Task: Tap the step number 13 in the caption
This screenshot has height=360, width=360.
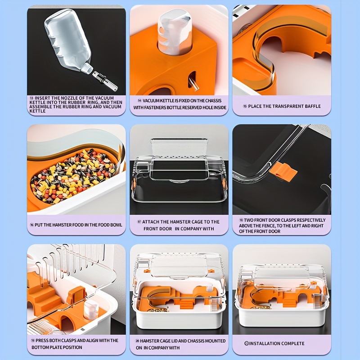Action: [x=31, y=98]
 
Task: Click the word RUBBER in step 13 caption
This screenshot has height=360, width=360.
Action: [x=88, y=102]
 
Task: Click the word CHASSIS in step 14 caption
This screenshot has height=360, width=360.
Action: [x=211, y=101]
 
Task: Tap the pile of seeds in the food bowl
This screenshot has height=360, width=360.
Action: [x=72, y=175]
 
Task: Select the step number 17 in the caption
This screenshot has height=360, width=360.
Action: [x=139, y=222]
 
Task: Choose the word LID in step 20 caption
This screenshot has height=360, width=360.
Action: [x=179, y=341]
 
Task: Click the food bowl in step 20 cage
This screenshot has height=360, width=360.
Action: [x=157, y=310]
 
